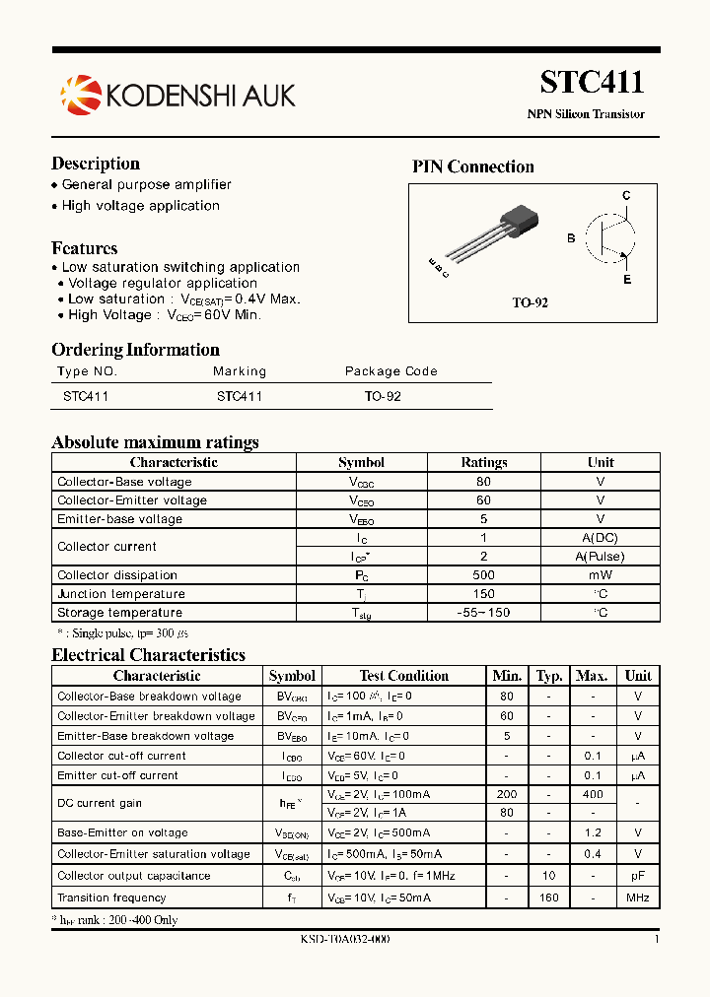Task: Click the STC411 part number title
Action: tap(592, 82)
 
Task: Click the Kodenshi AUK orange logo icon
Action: tap(80, 94)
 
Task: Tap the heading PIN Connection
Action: tap(472, 166)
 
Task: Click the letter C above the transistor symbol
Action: tap(625, 196)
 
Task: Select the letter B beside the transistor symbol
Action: tap(570, 238)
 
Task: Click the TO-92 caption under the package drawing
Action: tap(530, 302)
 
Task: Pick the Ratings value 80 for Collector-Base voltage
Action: tap(483, 482)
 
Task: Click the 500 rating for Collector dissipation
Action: tap(483, 575)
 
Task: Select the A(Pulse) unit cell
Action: tap(600, 557)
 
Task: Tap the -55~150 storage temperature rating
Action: tap(483, 613)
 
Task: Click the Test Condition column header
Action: tap(403, 676)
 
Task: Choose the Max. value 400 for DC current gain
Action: tap(592, 794)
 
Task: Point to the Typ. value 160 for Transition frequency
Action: tap(549, 897)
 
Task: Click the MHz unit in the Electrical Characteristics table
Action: tap(638, 897)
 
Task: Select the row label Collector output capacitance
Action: tap(133, 876)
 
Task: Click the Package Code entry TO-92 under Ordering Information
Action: tap(383, 396)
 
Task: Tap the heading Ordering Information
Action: tap(135, 350)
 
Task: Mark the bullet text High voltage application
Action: tap(140, 206)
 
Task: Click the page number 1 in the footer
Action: tap(657, 940)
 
